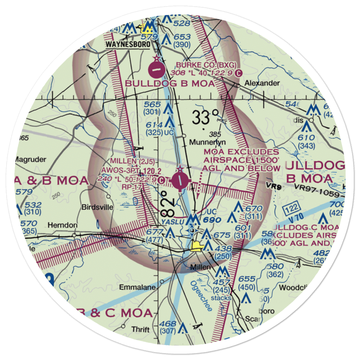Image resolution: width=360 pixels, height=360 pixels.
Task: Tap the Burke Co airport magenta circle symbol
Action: tap(156, 69)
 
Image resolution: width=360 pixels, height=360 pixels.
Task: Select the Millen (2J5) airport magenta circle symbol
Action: tap(180, 181)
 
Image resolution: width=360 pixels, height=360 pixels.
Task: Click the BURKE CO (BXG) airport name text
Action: tap(206, 65)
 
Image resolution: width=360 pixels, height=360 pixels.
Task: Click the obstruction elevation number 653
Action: tap(182, 37)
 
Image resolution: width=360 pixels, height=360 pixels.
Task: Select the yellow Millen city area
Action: tap(197, 247)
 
